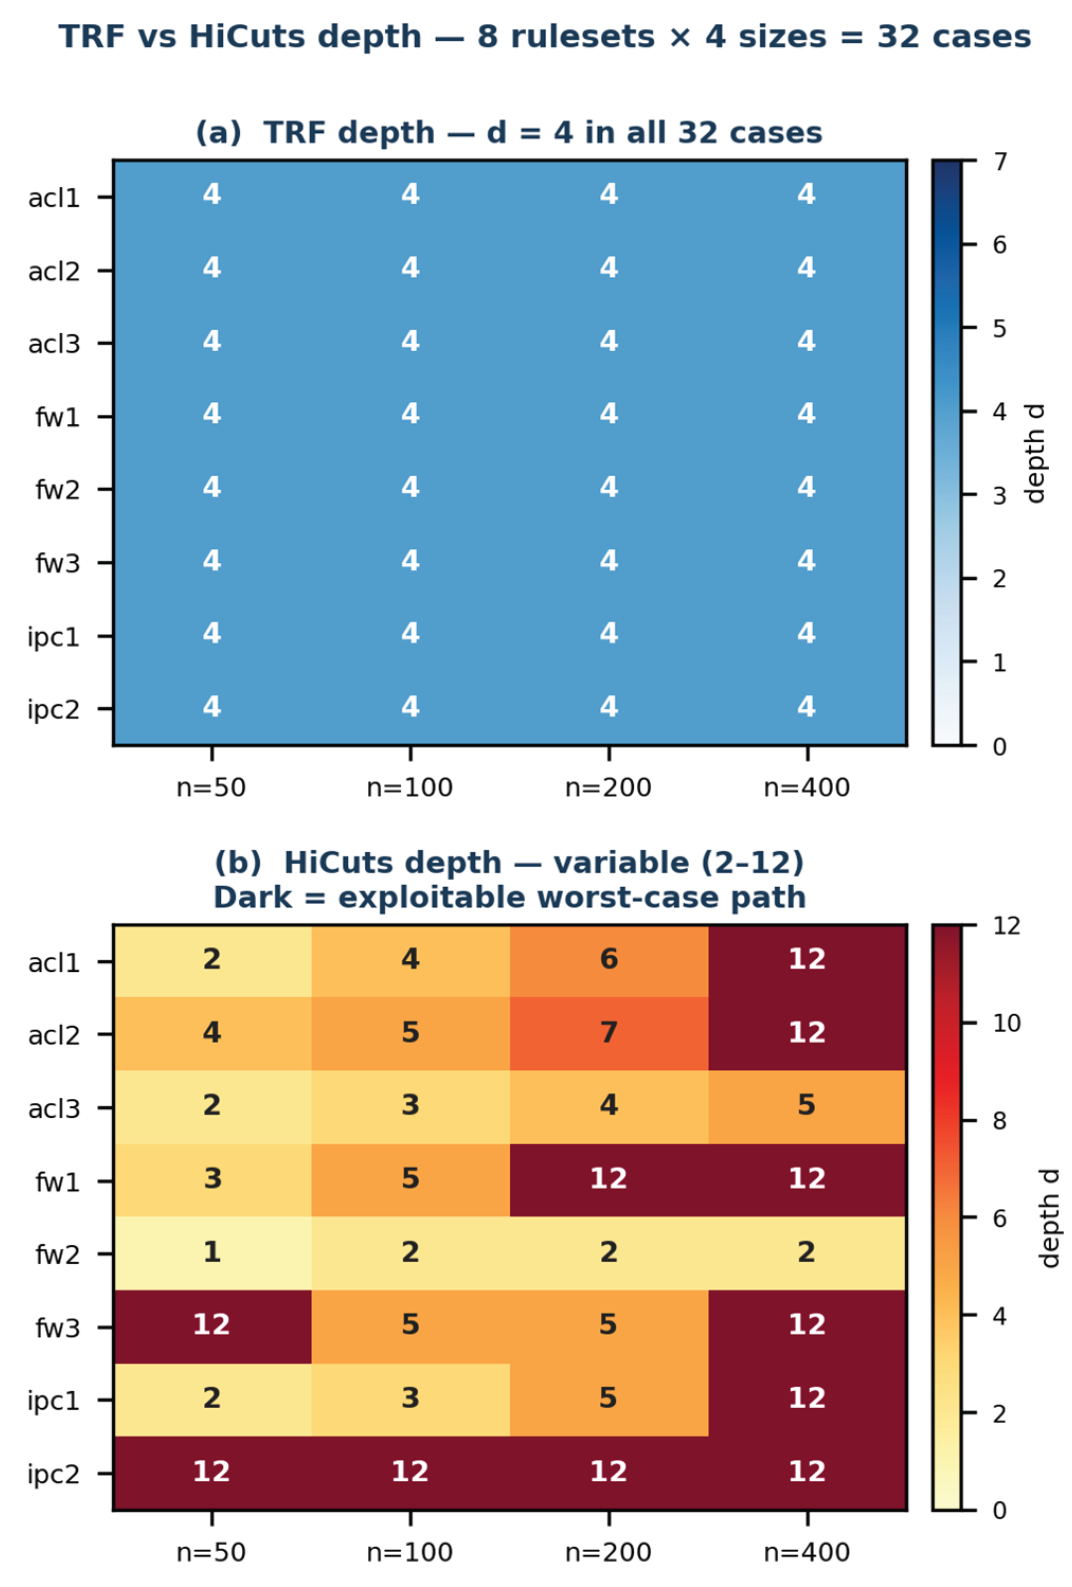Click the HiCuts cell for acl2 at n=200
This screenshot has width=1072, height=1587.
click(x=609, y=1033)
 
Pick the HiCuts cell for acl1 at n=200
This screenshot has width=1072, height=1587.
click(x=609, y=960)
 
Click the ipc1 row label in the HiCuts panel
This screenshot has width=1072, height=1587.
click(x=53, y=1401)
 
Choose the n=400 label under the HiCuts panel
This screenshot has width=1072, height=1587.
click(x=807, y=1552)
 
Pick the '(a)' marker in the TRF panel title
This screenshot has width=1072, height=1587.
click(x=219, y=132)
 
